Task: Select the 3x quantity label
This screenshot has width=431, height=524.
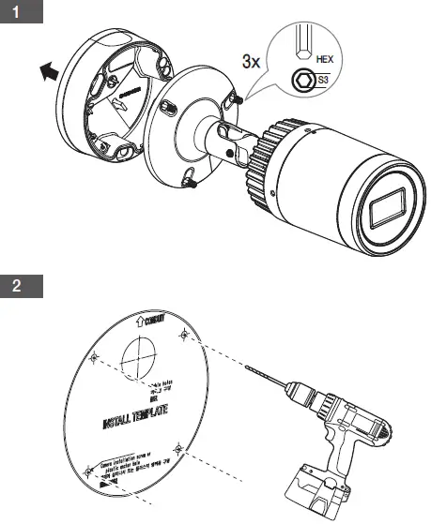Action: click(250, 63)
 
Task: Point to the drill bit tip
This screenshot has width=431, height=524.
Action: click(245, 370)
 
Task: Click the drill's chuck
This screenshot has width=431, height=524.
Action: click(296, 394)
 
